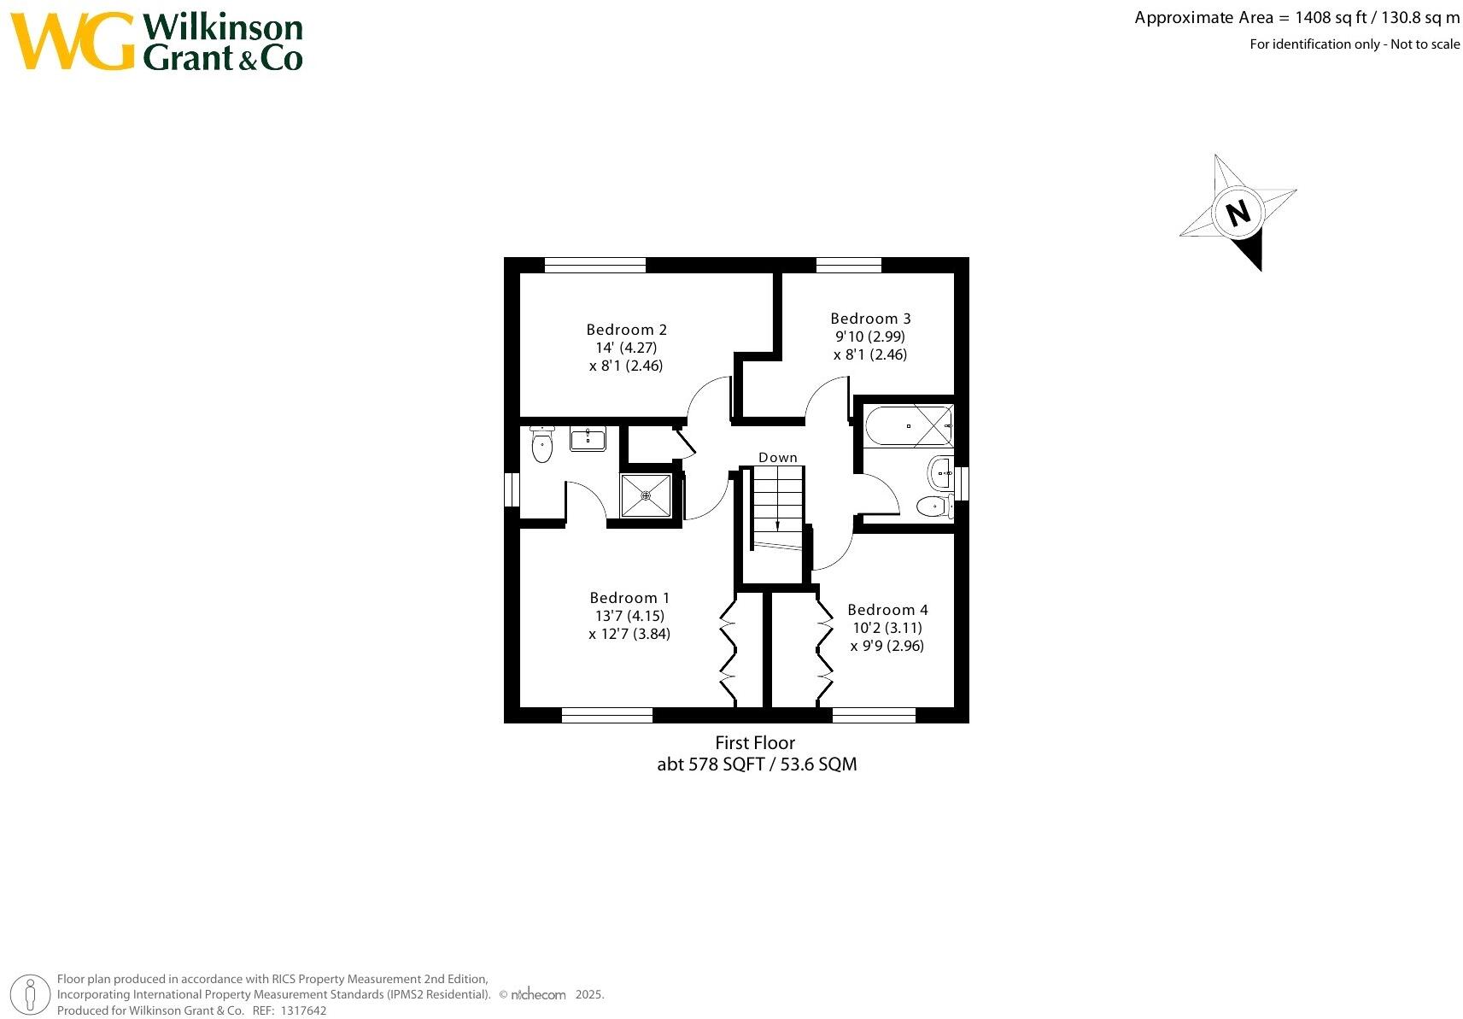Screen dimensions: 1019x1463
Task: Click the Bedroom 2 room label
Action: pos(626,330)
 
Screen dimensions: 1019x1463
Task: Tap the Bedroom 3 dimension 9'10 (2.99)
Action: pos(869,337)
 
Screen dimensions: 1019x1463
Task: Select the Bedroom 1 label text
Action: pos(629,598)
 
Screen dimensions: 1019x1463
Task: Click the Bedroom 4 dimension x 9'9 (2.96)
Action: pos(887,646)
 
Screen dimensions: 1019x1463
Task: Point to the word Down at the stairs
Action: pos(777,458)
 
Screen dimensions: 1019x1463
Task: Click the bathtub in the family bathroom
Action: pos(908,425)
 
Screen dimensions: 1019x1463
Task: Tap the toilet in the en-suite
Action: pos(541,445)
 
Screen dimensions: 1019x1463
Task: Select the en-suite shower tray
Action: pos(646,495)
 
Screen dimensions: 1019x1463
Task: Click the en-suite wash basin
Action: pos(588,439)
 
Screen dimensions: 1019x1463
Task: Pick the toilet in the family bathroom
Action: pos(935,507)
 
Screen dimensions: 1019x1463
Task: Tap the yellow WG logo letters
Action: pos(73,41)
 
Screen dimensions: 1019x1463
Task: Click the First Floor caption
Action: pos(755,743)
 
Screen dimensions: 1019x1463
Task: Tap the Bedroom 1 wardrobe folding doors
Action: pos(728,649)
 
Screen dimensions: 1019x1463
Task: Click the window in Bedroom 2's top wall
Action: pos(594,265)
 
